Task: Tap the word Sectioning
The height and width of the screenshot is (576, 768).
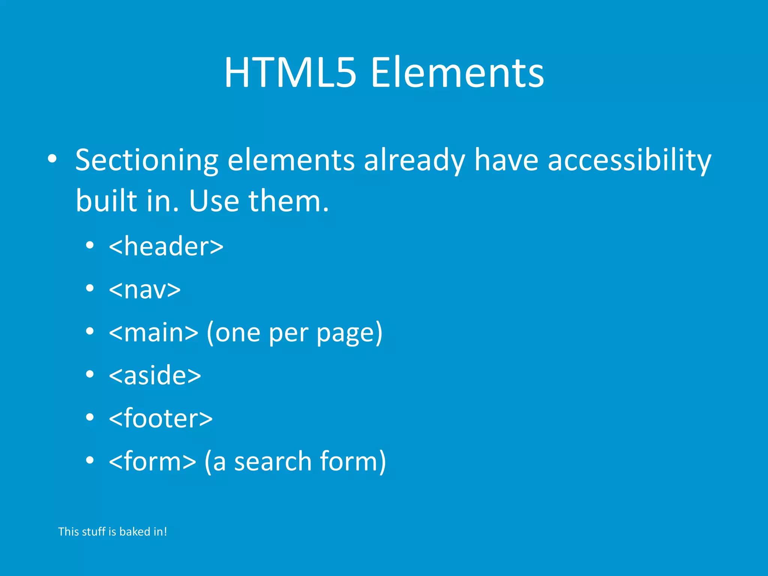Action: click(x=147, y=160)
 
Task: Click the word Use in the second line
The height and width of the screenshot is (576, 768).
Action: click(x=214, y=201)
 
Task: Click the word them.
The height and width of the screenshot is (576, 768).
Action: click(x=288, y=201)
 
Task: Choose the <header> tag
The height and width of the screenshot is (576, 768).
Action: click(x=166, y=246)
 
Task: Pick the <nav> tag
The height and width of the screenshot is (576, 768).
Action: click(x=145, y=289)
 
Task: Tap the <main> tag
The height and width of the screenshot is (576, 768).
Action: click(x=153, y=332)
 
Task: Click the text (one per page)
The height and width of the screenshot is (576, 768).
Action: click(x=294, y=333)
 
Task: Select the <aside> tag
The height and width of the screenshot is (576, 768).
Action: click(x=155, y=375)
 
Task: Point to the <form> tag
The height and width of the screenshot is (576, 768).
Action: click(x=152, y=461)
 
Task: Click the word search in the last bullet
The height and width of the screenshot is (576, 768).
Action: click(x=273, y=462)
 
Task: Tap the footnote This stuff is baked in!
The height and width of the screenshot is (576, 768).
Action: click(x=112, y=532)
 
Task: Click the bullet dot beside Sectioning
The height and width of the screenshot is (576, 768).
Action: click(x=52, y=159)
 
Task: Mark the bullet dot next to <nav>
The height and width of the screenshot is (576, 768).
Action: click(x=89, y=288)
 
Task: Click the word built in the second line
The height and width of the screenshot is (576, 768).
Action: click(x=106, y=201)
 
